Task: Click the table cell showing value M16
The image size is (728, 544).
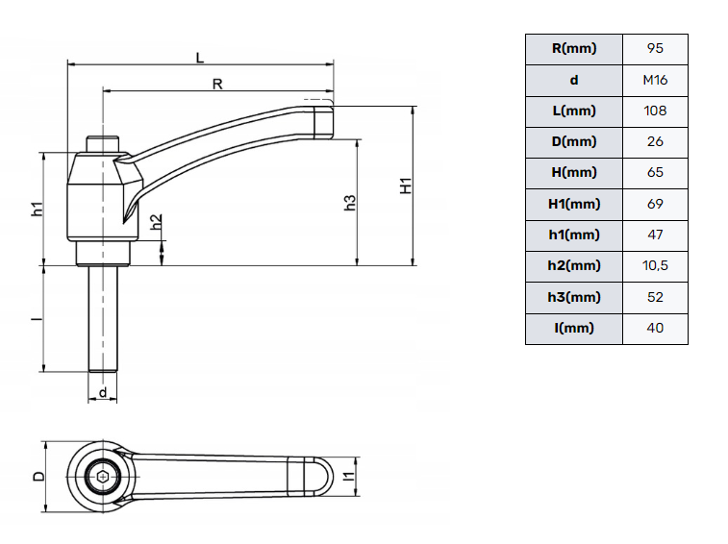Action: tap(655, 81)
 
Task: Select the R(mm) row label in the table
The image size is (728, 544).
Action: tap(574, 49)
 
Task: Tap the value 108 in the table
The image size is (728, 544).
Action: tap(655, 111)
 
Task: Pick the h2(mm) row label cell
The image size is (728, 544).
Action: tap(574, 266)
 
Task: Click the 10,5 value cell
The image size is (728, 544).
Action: tap(655, 266)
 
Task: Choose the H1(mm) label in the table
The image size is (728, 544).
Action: tap(574, 204)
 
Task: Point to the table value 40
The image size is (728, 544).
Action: tap(655, 329)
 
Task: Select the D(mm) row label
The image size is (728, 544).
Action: tap(574, 142)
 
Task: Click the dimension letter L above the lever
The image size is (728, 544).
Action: tap(200, 58)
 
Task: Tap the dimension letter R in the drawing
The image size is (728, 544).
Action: tap(217, 84)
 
